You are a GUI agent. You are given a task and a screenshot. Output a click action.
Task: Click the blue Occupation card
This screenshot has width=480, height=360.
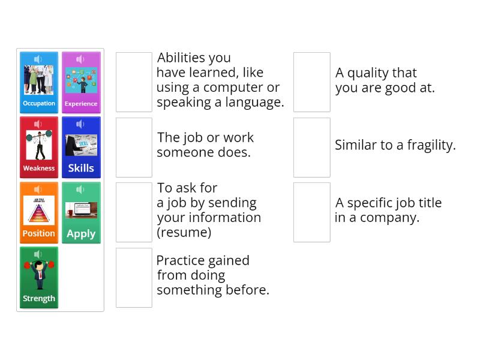click(39, 82)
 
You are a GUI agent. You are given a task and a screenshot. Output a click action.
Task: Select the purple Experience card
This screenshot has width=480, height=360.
click(81, 82)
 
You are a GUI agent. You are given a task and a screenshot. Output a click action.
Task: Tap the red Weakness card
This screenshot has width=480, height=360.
click(39, 147)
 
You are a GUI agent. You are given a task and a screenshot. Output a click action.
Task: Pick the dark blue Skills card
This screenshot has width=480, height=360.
click(81, 147)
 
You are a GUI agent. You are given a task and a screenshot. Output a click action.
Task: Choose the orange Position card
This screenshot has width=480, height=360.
click(39, 212)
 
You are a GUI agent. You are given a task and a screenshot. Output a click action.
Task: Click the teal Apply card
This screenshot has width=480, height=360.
click(81, 212)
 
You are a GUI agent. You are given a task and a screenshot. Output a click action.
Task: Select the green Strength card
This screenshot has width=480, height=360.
click(39, 277)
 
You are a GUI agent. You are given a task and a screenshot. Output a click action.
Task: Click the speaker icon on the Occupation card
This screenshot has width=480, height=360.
click(38, 59)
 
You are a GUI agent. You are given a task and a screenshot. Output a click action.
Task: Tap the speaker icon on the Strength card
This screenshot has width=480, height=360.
click(38, 254)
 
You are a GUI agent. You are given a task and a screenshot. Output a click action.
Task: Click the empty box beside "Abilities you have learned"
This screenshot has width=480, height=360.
click(134, 82)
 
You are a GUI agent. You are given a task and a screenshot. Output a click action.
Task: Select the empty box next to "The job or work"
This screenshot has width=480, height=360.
click(134, 147)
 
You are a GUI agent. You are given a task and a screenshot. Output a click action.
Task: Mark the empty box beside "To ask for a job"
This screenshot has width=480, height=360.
click(134, 212)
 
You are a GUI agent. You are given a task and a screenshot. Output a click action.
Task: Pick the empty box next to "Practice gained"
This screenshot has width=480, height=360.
click(134, 277)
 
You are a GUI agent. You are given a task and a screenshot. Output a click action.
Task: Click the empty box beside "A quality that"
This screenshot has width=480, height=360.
click(312, 82)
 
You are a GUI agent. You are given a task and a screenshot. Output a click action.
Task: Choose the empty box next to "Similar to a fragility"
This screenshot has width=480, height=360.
click(312, 147)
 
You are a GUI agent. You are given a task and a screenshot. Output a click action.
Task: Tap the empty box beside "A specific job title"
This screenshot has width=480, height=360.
click(312, 212)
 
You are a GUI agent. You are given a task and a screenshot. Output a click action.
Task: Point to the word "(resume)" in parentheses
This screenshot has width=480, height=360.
click(184, 232)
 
